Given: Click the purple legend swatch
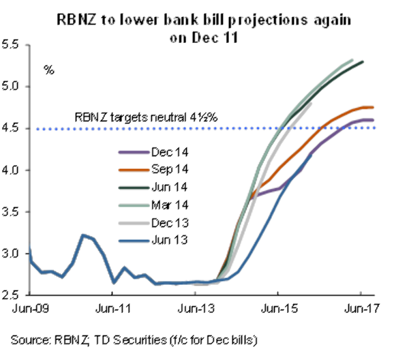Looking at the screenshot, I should [134, 153].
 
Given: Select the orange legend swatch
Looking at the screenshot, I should [134, 170].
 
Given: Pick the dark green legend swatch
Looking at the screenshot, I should [134, 188].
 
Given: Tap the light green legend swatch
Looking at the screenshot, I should [134, 205].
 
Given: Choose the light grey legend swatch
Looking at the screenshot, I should [134, 223].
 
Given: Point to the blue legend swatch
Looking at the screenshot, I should [134, 241].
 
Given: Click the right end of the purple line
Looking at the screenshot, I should [374, 120].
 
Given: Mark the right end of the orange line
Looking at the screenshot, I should [374, 107].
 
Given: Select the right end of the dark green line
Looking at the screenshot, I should [363, 61].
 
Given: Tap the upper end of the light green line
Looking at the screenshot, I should [352, 59].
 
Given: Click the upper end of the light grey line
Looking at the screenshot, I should [311, 104].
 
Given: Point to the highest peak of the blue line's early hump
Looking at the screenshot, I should [83, 235].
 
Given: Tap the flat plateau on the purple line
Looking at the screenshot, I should [269, 191].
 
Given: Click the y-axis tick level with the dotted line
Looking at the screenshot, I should [27, 128].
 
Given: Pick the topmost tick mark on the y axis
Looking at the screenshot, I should [27, 45].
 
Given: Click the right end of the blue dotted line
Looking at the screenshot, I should [376, 128].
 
